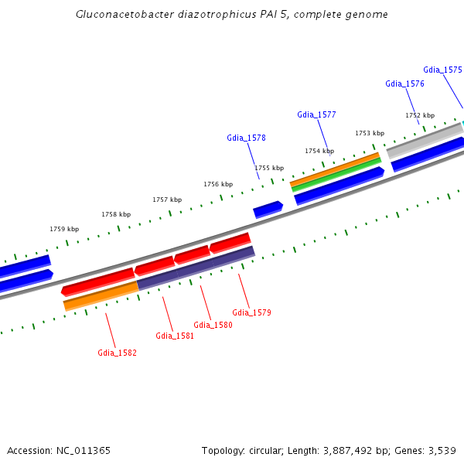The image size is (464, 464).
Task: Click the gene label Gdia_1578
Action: [246, 138]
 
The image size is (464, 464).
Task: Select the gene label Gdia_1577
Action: [316, 114]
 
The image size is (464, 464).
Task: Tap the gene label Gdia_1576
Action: [404, 84]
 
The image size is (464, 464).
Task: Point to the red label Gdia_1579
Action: [251, 312]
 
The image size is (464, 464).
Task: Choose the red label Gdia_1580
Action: [213, 325]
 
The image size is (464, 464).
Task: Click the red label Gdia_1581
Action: [175, 336]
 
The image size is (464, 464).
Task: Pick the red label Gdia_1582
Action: [117, 353]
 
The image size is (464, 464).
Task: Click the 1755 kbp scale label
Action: [269, 168]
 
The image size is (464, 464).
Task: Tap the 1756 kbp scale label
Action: [218, 184]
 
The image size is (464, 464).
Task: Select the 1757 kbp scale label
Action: [167, 200]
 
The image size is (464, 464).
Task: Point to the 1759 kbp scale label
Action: [64, 229]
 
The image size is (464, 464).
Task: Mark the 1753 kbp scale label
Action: [370, 133]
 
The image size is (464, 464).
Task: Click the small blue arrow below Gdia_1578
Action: [268, 209]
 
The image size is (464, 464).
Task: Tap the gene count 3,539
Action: [440, 450]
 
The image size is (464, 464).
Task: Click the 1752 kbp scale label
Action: [420, 115]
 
